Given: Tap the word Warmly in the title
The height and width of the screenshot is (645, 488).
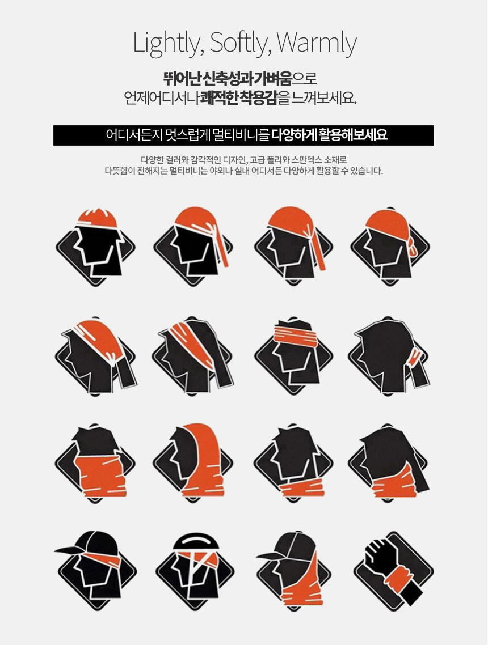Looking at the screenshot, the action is (317, 43).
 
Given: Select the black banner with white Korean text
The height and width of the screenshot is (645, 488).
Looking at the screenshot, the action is (243, 135).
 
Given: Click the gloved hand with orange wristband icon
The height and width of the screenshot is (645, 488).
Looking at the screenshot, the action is (393, 572).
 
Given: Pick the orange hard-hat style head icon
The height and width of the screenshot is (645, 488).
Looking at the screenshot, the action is (95, 247).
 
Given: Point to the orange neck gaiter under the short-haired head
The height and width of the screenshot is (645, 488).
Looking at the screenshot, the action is (302, 488).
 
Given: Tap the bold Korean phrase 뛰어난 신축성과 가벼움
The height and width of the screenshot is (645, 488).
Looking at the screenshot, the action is (228, 77).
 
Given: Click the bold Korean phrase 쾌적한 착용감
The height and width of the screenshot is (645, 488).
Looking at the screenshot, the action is (239, 98).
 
